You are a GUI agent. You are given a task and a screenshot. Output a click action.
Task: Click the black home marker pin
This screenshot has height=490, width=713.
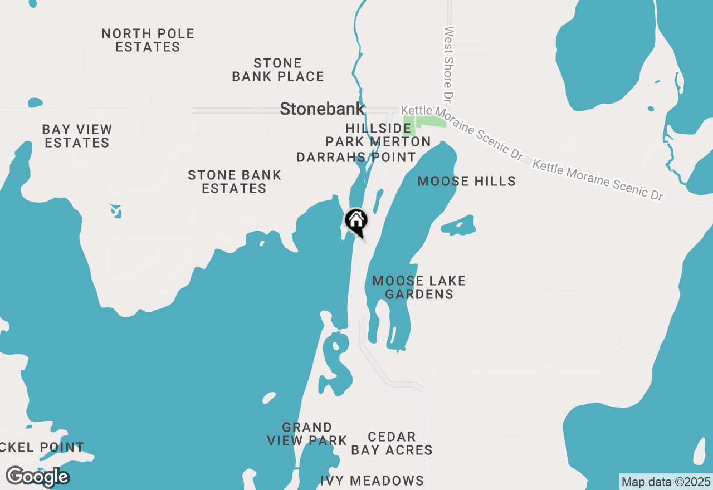click(x=356, y=222)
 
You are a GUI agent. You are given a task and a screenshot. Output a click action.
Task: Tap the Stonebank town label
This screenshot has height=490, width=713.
click(x=323, y=109)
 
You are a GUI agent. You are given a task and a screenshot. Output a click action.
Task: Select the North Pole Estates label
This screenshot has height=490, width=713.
click(x=148, y=40)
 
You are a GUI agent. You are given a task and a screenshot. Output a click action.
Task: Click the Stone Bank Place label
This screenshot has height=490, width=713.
click(x=278, y=70)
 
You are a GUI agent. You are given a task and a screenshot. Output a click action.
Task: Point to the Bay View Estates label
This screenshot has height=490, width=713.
click(x=77, y=136)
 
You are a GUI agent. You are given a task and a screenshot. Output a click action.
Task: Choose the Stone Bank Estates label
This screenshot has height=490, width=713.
click(x=235, y=182)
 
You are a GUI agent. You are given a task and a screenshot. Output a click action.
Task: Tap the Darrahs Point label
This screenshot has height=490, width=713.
click(x=356, y=158)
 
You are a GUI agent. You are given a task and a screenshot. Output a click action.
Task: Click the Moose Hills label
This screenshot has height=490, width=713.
click(x=466, y=181)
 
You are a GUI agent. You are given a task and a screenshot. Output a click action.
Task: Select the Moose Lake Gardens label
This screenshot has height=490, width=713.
click(x=419, y=287)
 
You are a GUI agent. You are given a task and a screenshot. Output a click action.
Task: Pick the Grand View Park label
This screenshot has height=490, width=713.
click(x=307, y=434)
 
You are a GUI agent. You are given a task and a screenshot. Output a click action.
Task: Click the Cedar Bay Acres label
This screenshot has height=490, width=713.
click(x=392, y=443)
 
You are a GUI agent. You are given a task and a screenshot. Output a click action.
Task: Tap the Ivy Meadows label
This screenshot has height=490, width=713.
click(x=372, y=481)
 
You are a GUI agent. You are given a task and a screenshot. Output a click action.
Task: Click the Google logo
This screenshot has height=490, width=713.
click(x=37, y=477)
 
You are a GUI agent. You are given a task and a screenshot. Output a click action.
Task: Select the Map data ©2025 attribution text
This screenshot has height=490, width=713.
click(x=666, y=482)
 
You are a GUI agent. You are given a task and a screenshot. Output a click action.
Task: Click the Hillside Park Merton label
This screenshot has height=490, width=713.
click(x=378, y=135)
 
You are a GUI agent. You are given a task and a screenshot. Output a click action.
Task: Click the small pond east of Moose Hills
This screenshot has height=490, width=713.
click(x=458, y=225)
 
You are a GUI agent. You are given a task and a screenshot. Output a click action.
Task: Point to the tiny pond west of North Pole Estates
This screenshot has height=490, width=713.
click(x=35, y=102)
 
